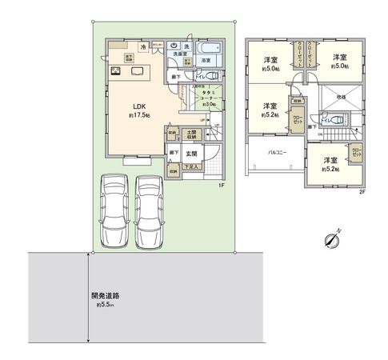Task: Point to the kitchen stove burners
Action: click(116, 72)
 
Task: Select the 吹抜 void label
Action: click(339, 97)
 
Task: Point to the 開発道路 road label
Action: click(106, 295)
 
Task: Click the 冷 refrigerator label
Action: click(143, 47)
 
